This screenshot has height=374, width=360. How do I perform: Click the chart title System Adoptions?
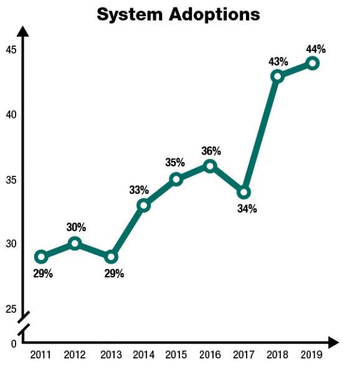(178, 14)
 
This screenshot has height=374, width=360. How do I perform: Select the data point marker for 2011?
(41, 256)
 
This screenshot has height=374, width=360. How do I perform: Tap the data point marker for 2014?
(143, 205)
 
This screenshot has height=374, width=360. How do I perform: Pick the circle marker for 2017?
(244, 192)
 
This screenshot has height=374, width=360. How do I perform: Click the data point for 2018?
(278, 76)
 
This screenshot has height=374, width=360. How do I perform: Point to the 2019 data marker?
(313, 63)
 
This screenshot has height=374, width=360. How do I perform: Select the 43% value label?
(278, 61)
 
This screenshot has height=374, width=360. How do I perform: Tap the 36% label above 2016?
(211, 151)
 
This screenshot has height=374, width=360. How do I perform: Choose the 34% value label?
(247, 209)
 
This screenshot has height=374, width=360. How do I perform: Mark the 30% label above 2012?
(76, 228)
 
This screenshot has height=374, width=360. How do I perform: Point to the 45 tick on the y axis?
(11, 50)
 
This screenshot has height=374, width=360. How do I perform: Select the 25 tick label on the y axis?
(11, 309)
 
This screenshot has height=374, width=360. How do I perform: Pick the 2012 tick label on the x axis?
(75, 355)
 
